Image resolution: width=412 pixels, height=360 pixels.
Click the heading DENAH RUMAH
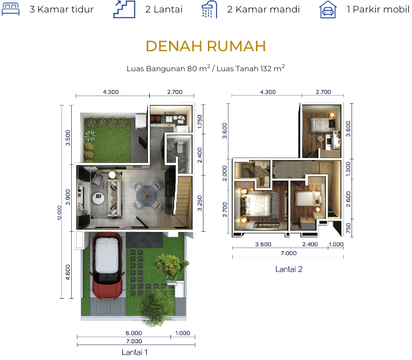pos(206,46)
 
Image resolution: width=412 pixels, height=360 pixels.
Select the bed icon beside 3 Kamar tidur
pos(11,9)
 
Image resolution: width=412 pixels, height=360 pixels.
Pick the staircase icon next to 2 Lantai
pos(124,9)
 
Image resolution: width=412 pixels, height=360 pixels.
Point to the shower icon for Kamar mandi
pos(209,9)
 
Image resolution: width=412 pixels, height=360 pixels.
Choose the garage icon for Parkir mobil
pos(328,10)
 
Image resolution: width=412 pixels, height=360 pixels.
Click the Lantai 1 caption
pos(135,352)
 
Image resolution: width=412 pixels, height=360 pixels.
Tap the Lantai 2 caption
pos(289,269)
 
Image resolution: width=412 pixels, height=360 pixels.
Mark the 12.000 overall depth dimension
pos(59,212)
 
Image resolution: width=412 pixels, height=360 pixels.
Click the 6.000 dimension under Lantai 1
pos(134,333)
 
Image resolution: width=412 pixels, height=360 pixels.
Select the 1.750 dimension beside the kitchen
pos(200,122)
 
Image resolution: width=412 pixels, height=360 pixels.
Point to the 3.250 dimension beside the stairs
pos(200,203)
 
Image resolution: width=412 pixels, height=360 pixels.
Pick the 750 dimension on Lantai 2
pos(348,228)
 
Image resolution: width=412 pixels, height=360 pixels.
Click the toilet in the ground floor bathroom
pos(180,147)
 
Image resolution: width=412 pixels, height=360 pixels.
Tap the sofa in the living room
pos(115,198)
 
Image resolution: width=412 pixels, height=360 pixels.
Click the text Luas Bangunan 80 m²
pos(169,68)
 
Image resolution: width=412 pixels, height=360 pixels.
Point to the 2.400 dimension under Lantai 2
pos(310,244)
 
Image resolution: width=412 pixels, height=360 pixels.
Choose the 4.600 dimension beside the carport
pos(68,272)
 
